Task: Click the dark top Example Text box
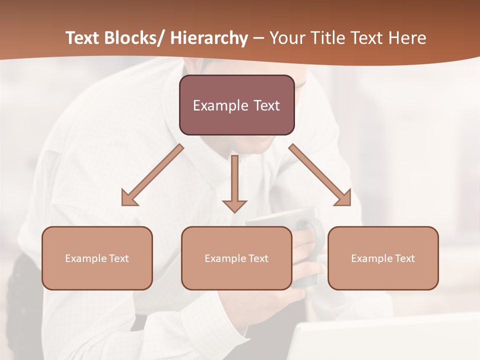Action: [236, 105]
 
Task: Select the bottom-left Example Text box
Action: [97, 258]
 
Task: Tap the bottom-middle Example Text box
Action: [236, 258]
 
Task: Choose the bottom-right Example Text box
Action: [383, 258]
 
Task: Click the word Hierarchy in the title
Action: [209, 38]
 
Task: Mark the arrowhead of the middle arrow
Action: [234, 205]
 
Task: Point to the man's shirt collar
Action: [200, 145]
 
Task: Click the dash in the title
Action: [259, 38]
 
